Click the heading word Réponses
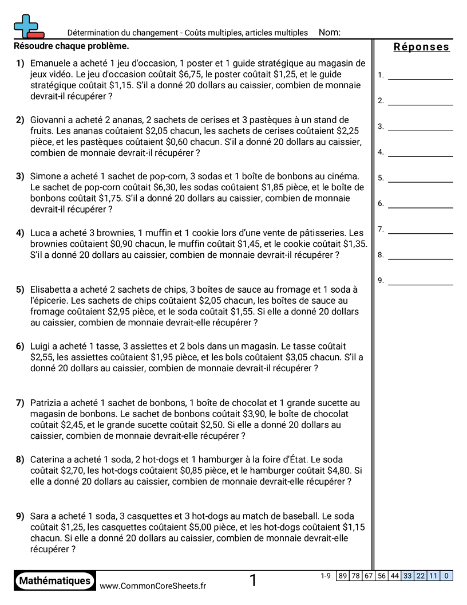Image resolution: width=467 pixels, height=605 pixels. pyautogui.click(x=421, y=47)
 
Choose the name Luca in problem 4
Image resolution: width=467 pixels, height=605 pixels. pyautogui.click(x=40, y=233)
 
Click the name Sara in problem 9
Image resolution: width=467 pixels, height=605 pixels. pyautogui.click(x=40, y=516)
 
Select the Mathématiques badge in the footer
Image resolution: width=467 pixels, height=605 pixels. pyautogui.click(x=55, y=580)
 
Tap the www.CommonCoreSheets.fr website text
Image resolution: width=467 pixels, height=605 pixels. pyautogui.click(x=153, y=586)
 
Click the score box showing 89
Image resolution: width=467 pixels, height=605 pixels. pyautogui.click(x=343, y=576)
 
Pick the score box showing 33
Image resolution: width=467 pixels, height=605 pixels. pyautogui.click(x=407, y=576)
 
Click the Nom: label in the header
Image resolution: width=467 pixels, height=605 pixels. pyautogui.click(x=329, y=33)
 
